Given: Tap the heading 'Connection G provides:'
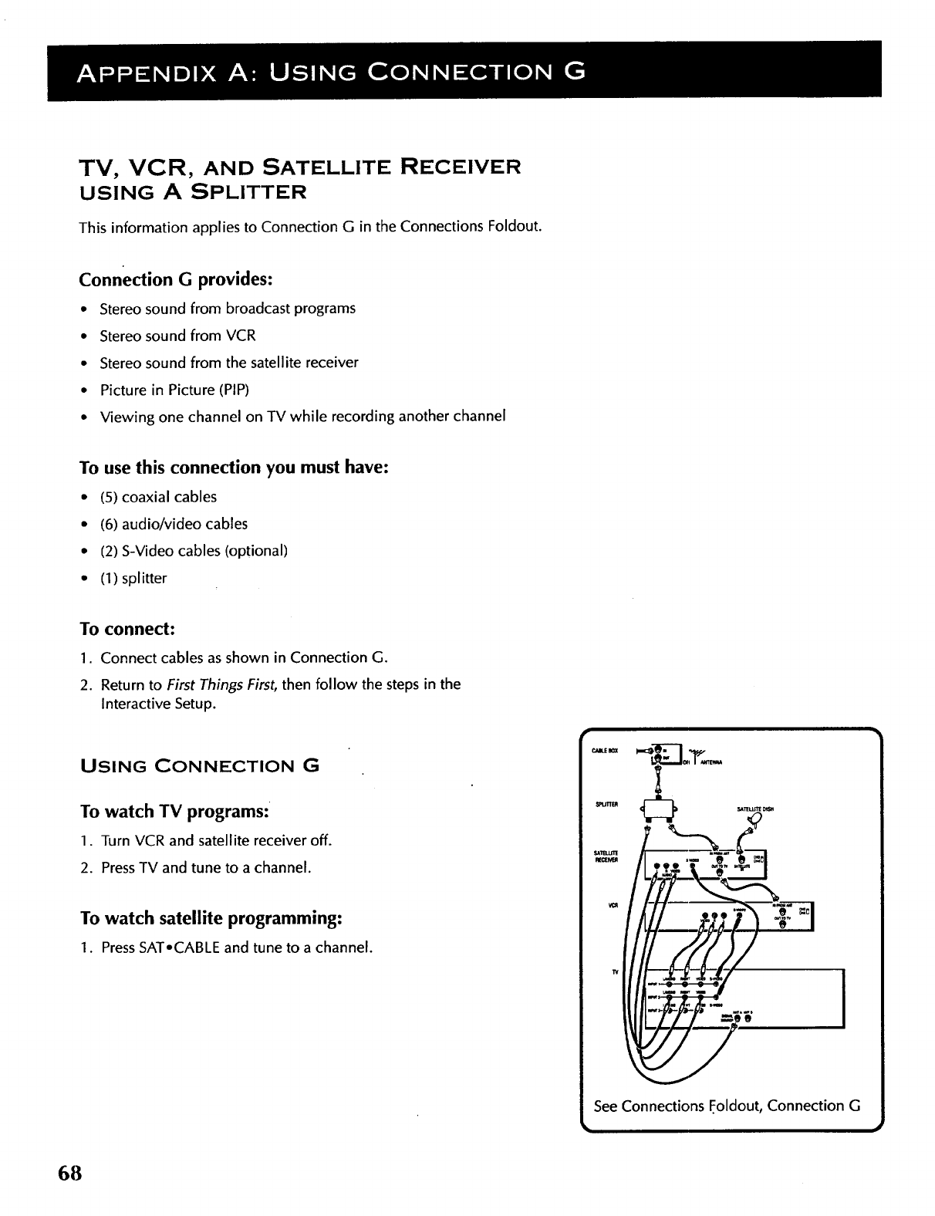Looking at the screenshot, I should [x=176, y=279].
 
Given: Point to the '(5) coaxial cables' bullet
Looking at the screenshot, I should [x=159, y=497].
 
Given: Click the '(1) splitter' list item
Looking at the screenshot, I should [x=133, y=578].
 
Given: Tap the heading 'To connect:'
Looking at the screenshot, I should [x=127, y=629].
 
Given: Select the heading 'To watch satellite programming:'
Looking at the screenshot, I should [x=211, y=919].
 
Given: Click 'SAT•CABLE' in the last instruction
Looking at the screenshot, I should [x=180, y=947].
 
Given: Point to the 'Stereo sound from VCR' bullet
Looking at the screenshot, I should [x=177, y=336].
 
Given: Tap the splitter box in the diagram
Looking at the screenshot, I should [x=659, y=808].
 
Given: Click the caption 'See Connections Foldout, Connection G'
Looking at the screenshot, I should [x=727, y=1106].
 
